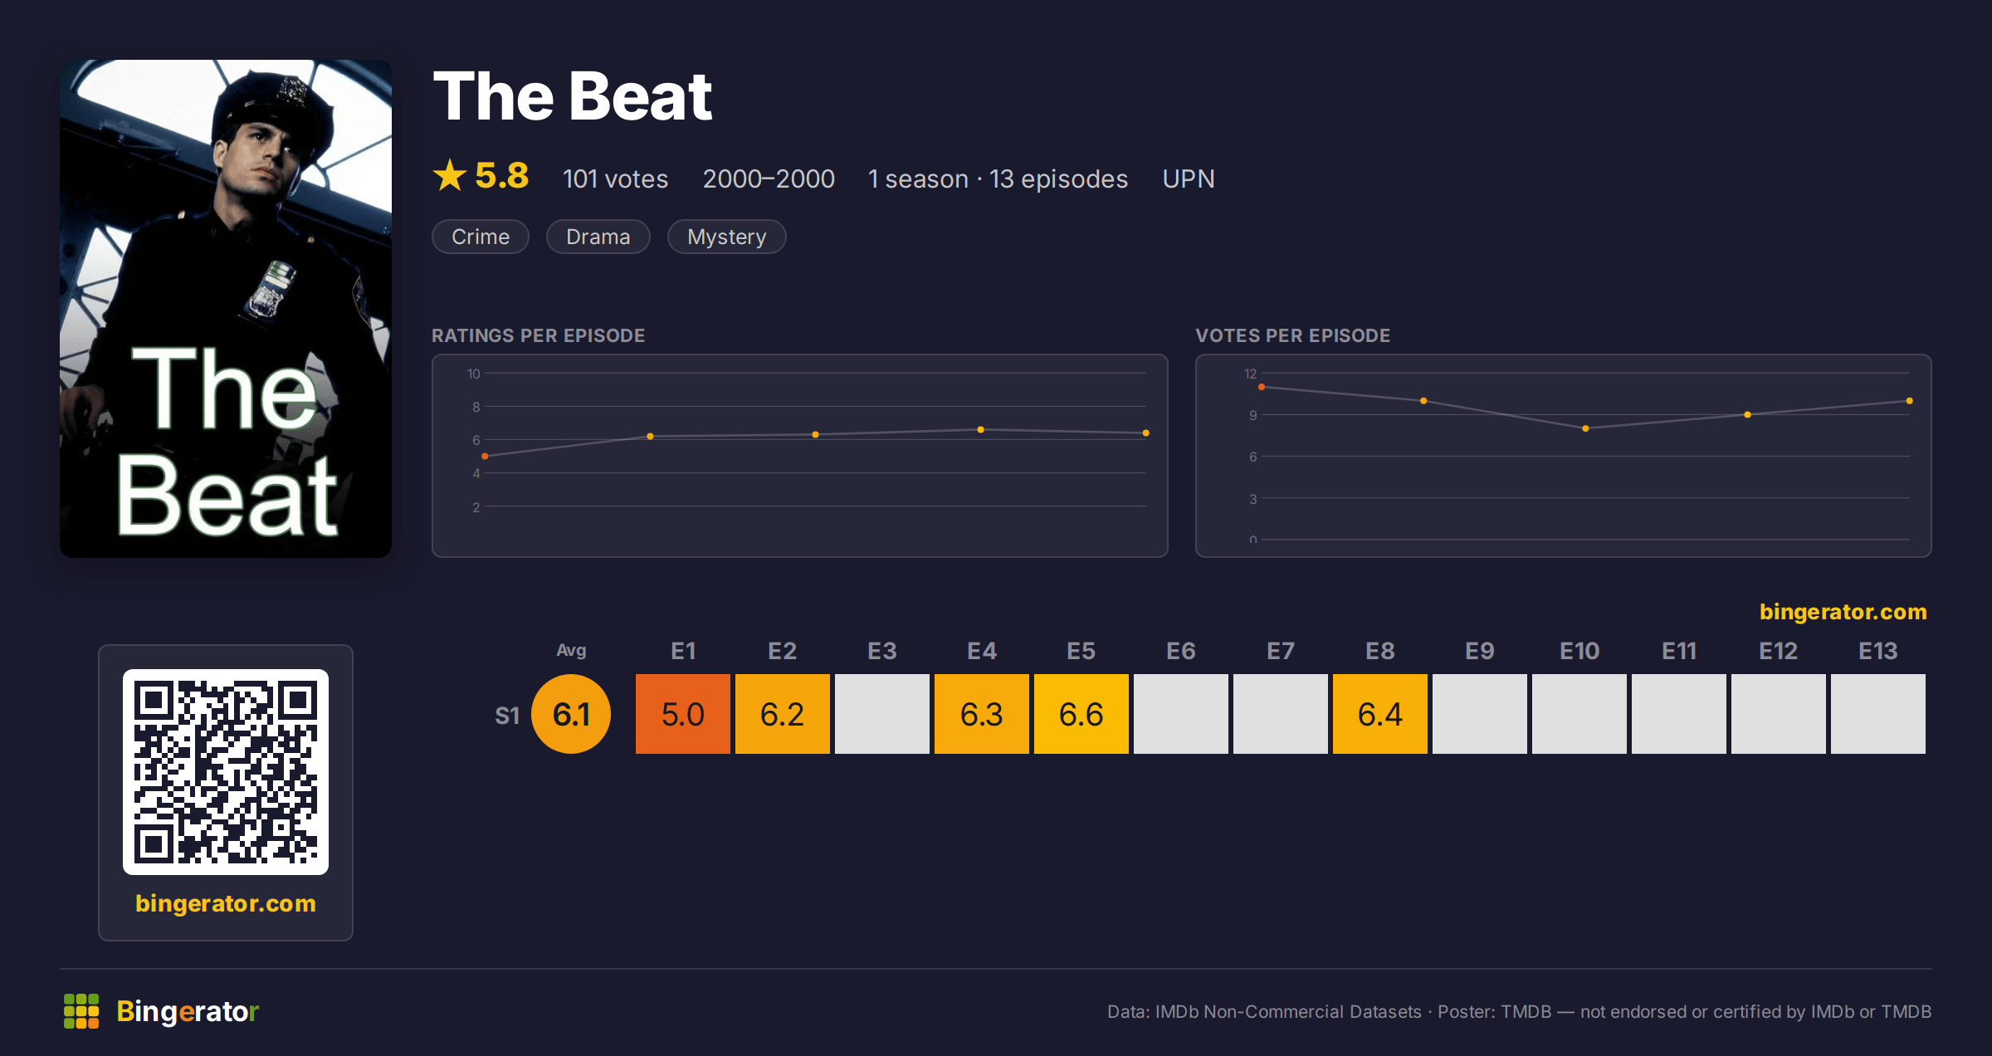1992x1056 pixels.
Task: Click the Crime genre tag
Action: (x=481, y=237)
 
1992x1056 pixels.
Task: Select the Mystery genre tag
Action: (x=726, y=237)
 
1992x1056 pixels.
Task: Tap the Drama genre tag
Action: (x=598, y=237)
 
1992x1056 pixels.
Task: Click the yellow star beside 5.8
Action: (x=450, y=175)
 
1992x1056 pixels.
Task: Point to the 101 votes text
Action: (x=615, y=178)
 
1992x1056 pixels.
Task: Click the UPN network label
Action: (x=1189, y=178)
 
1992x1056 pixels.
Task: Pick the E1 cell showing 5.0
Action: (x=683, y=714)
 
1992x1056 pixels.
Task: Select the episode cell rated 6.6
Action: (x=1081, y=714)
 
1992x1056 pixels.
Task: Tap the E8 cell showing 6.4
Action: (x=1380, y=714)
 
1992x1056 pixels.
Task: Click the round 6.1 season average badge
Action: (x=571, y=714)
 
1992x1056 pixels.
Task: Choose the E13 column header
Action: (x=1877, y=651)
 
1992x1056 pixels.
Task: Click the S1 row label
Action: (x=507, y=715)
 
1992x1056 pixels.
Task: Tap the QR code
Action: (x=226, y=772)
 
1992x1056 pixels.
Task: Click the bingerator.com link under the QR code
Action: (x=226, y=903)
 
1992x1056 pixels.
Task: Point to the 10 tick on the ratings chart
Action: (x=474, y=374)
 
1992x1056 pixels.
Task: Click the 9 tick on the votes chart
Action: (x=1253, y=415)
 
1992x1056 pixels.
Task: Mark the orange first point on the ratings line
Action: (x=485, y=456)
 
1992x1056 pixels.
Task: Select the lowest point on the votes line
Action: (x=1585, y=428)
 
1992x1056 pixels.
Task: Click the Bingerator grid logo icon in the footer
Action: (x=81, y=1011)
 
